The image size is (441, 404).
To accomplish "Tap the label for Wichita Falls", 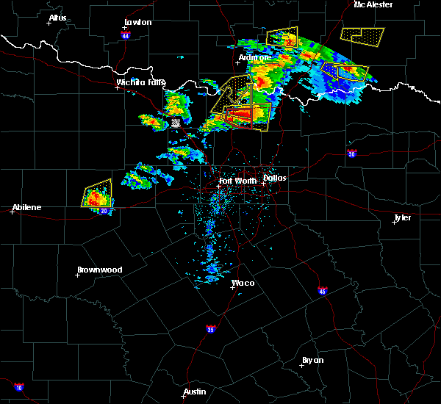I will [140, 82].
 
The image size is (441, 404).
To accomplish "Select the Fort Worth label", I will [237, 180].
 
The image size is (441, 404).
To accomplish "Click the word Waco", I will [243, 283].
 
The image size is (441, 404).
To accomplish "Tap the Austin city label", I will [195, 392].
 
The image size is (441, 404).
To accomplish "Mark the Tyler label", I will [402, 217].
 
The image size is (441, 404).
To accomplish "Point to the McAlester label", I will [373, 4].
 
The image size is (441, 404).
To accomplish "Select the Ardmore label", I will [255, 57].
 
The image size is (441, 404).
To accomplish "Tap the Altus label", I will [57, 18].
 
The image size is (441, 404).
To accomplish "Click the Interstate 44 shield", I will [126, 35].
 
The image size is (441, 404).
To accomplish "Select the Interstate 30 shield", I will [352, 154].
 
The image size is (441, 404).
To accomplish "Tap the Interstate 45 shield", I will [323, 291].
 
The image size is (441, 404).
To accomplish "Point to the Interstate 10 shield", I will [18, 387].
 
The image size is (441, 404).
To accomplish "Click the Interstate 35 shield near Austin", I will [211, 328].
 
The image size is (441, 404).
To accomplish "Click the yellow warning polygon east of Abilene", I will [97, 194].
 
